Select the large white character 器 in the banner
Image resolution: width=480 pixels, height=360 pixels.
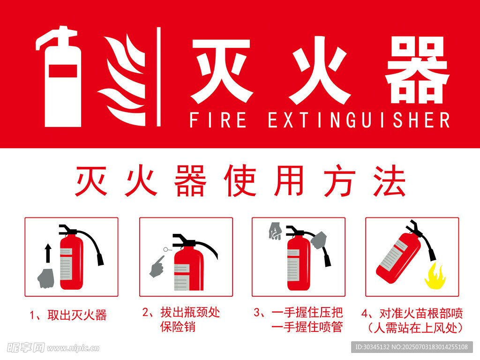[x=417, y=70]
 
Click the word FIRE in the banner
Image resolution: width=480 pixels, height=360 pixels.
[x=217, y=120]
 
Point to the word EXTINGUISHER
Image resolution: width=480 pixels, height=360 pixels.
[x=359, y=120]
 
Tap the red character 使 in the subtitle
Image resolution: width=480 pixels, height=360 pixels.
[x=240, y=180]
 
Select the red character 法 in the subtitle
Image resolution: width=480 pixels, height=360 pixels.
[x=389, y=180]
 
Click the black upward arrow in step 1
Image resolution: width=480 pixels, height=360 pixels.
[x=48, y=253]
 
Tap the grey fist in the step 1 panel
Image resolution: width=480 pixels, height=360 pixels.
[x=46, y=278]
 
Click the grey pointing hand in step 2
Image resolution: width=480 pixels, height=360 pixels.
[x=157, y=267]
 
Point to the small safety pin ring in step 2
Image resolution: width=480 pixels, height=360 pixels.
[x=166, y=249]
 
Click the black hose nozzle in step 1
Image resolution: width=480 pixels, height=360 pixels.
[x=100, y=259]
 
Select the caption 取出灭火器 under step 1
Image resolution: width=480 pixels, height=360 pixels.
[x=77, y=315]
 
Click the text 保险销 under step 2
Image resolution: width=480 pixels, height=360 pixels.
[x=178, y=327]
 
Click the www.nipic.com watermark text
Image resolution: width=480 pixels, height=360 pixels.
[x=73, y=348]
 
